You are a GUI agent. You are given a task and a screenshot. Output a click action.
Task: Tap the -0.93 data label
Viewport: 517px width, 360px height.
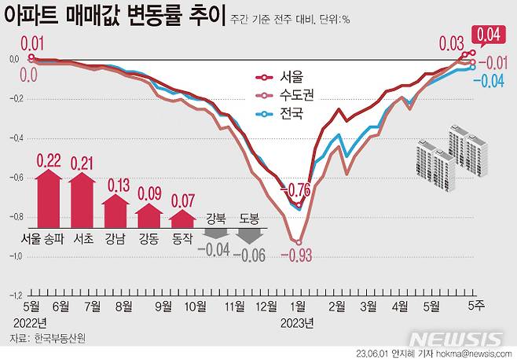click(x=297, y=255)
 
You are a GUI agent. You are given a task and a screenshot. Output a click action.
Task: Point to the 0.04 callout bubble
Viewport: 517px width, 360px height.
click(x=486, y=34)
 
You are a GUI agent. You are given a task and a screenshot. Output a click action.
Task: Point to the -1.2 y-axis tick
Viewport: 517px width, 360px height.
click(x=15, y=296)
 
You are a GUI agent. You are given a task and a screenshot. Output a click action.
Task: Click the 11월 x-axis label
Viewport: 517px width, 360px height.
click(x=235, y=305)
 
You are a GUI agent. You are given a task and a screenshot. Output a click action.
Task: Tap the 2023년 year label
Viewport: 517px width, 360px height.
click(x=297, y=321)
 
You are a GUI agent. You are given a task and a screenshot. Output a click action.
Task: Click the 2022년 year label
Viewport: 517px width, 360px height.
click(x=30, y=321)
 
